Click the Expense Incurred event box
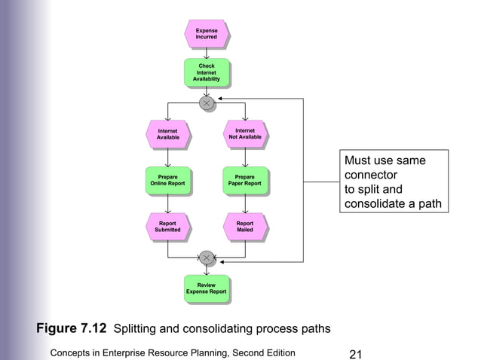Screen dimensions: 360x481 [207, 34]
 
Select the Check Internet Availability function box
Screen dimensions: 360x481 [207, 72]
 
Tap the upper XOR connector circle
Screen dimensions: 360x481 [207, 103]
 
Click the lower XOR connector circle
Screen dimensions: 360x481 [207, 258]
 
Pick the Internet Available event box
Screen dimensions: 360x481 [167, 134]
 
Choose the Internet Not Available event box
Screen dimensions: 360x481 [246, 134]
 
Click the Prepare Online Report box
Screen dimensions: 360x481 [167, 181]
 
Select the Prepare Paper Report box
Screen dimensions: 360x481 [246, 181]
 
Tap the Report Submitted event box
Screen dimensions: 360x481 [167, 227]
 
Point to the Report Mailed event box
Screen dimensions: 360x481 [246, 227]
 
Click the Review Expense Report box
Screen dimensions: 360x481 [207, 289]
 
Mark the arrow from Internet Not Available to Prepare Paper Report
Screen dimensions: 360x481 [246, 157]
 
